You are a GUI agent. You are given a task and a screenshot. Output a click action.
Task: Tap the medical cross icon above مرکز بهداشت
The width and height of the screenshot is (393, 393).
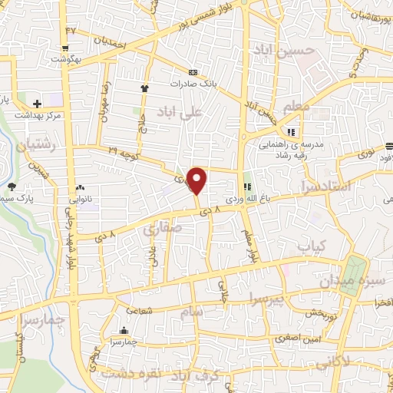37,103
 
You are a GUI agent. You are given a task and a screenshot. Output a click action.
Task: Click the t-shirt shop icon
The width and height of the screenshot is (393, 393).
144,88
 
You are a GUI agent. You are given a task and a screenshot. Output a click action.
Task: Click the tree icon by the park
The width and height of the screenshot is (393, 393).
11,186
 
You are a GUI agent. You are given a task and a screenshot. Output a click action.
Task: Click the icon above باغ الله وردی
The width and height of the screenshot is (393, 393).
247,187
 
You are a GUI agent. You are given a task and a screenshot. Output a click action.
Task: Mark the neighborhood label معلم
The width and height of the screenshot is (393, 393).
296,108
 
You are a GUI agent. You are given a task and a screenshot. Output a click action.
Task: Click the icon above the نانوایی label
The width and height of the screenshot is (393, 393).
80,187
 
